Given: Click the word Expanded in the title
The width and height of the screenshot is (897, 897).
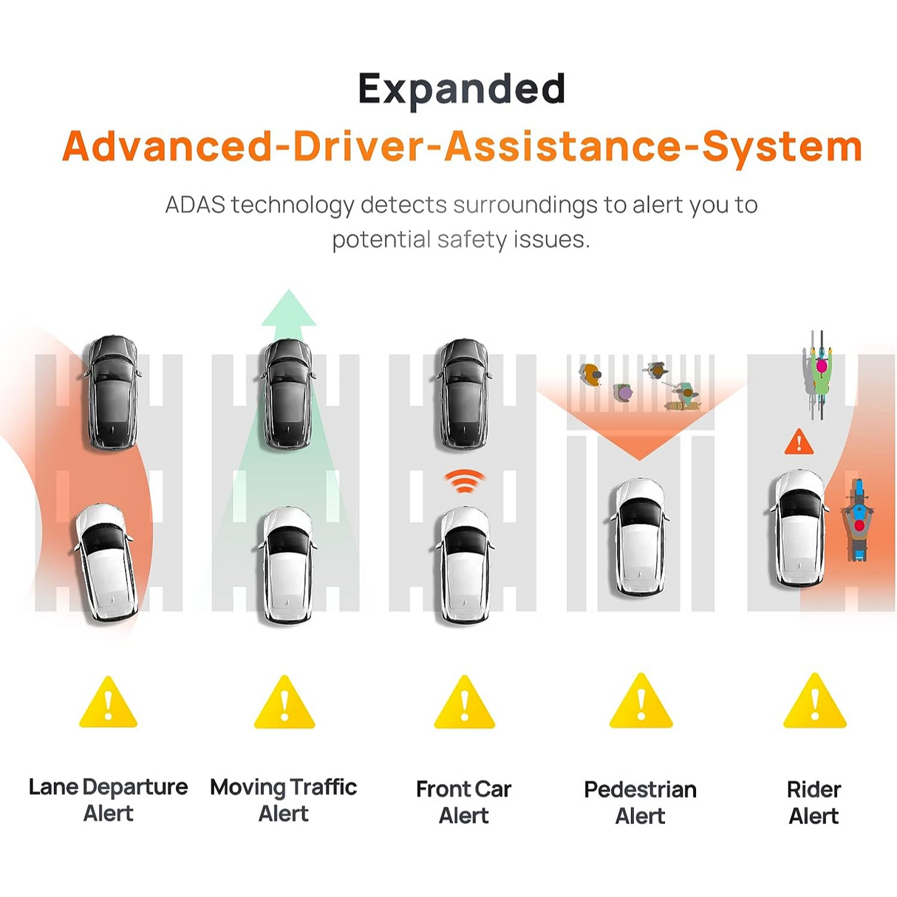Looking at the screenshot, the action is (461, 90).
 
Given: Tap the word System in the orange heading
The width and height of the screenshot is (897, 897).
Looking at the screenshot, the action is (782, 146).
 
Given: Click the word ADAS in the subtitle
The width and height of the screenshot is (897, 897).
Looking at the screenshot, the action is (195, 205).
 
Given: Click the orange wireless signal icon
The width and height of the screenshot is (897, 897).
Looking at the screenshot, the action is (464, 481).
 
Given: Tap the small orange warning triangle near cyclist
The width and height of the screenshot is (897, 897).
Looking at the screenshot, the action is (799, 441).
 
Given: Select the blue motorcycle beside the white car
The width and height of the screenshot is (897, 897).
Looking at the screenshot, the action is (857, 520).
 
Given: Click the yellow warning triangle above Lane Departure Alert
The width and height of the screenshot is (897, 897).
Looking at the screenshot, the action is (109, 702).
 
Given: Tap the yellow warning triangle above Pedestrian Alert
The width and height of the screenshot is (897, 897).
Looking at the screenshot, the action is (641, 700).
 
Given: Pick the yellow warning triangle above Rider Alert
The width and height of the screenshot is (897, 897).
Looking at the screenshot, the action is (814, 700).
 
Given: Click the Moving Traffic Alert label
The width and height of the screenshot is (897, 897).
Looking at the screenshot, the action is (284, 800).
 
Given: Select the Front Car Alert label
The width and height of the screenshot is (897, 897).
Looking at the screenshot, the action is (464, 802).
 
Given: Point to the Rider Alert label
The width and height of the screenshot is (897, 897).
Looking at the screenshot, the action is (814, 802).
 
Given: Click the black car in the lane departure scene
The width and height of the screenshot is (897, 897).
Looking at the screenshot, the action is (112, 392).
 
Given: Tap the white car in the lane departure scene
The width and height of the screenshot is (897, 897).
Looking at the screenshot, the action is (106, 562).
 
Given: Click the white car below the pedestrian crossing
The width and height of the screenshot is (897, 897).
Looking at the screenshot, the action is (640, 536).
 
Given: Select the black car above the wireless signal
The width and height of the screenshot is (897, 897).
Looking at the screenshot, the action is (463, 394).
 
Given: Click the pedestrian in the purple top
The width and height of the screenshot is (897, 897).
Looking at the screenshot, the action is (623, 392).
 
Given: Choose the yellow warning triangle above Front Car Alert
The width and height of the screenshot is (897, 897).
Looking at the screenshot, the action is (464, 702).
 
